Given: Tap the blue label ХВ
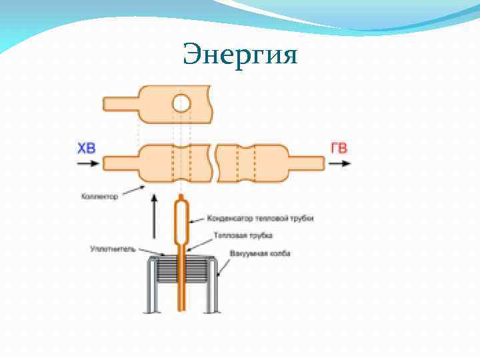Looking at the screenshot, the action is pos(87,147).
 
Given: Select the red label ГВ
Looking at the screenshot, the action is pos(339,147).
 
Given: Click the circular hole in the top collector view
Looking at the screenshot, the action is pos(181,103).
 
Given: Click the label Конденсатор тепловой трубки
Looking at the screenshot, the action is pos(260,218).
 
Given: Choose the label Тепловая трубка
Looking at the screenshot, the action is pos(243,235).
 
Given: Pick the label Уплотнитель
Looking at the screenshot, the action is pos(113,249).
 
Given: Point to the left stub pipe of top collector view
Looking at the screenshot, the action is pos(121,103).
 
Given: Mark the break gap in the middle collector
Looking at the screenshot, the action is pos(214,163).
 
